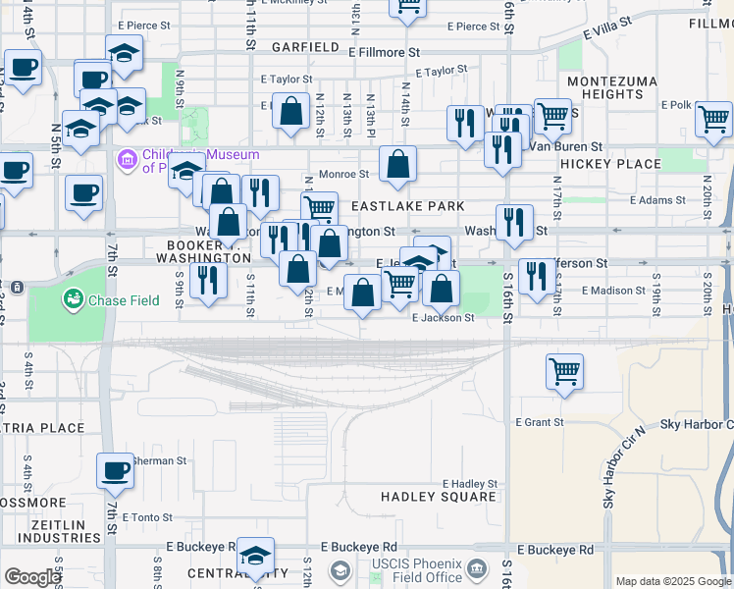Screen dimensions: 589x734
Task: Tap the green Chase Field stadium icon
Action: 72,297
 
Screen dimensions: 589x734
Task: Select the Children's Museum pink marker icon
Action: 127,158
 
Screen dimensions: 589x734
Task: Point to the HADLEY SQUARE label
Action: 439,497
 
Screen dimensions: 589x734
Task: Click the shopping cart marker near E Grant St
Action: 564,373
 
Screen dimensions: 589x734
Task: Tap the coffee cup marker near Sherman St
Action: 115,470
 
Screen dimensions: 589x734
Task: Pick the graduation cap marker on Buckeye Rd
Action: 255,557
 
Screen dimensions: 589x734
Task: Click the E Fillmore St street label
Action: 384,52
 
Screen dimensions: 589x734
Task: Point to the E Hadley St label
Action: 469,484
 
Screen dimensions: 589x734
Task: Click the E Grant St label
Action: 540,422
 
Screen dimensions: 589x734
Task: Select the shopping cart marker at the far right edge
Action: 714,120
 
